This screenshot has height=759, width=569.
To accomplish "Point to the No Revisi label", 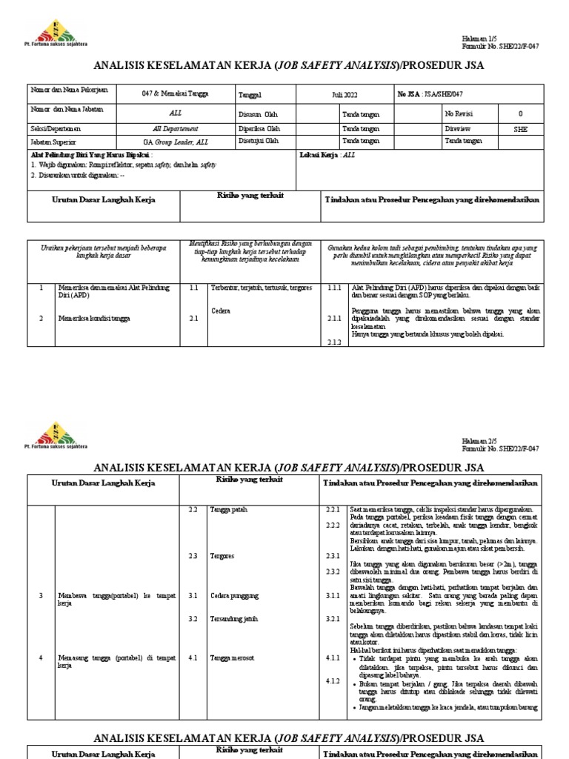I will point(459,114).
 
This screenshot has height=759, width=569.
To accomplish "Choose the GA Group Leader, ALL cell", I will point(176,141).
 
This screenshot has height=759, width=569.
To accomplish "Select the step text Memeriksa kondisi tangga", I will point(93,319).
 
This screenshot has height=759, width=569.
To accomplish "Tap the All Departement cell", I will point(176,128).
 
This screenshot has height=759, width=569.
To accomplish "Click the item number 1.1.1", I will point(335,288).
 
